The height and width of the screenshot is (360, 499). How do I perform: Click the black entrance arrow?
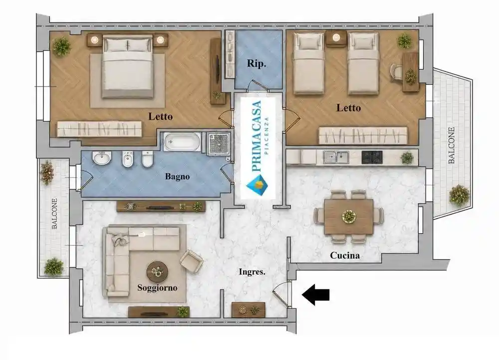click(315, 295)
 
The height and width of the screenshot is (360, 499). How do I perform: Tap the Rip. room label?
click(256, 63)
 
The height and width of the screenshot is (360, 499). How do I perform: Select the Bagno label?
click(177, 176)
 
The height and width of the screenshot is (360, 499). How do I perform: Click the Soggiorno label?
click(157, 288)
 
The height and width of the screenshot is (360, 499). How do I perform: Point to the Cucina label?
click(345, 255)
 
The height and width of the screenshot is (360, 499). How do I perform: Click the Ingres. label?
click(252, 272)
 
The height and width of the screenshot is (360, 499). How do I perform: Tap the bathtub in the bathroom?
click(182, 142)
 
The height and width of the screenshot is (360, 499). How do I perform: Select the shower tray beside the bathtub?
click(219, 144)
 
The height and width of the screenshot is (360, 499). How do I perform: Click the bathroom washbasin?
click(102, 158)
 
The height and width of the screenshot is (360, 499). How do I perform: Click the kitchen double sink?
click(336, 157)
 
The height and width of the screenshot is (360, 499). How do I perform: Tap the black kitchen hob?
click(372, 157)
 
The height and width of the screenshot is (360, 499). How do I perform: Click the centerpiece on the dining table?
click(349, 216)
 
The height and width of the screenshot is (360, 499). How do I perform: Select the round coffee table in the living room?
click(157, 272)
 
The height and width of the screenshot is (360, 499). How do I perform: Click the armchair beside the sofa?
click(191, 261)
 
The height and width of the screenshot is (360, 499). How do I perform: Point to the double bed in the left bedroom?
click(128, 66)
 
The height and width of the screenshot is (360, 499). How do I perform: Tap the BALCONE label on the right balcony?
click(451, 145)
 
